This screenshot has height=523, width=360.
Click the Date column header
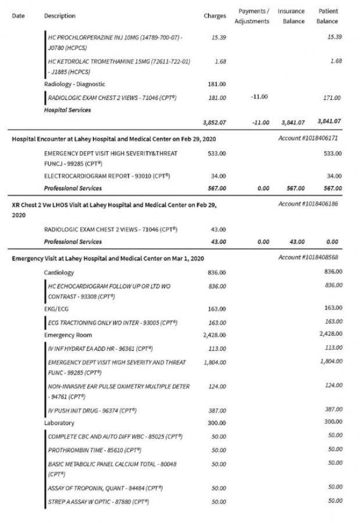tap(18, 16)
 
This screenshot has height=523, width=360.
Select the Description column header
tap(60, 16)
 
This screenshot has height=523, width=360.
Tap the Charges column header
tap(215, 16)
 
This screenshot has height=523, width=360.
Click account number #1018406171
tap(308, 139)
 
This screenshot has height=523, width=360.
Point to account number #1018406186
tap(308, 204)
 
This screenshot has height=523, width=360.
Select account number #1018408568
tap(308, 257)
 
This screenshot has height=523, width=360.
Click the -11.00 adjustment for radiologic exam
tap(259, 97)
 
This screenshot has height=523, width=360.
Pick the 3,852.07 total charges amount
tap(214, 123)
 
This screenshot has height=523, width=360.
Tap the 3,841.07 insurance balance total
tap(293, 123)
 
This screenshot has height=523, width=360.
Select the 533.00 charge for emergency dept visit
tap(217, 153)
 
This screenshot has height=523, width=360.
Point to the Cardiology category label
tap(59, 273)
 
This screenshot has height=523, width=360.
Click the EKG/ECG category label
tap(56, 309)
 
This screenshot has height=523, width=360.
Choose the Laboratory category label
tap(59, 422)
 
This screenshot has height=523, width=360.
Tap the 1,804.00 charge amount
tap(215, 362)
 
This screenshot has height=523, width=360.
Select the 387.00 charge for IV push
tap(218, 410)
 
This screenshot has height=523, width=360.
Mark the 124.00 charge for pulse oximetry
tap(218, 386)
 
